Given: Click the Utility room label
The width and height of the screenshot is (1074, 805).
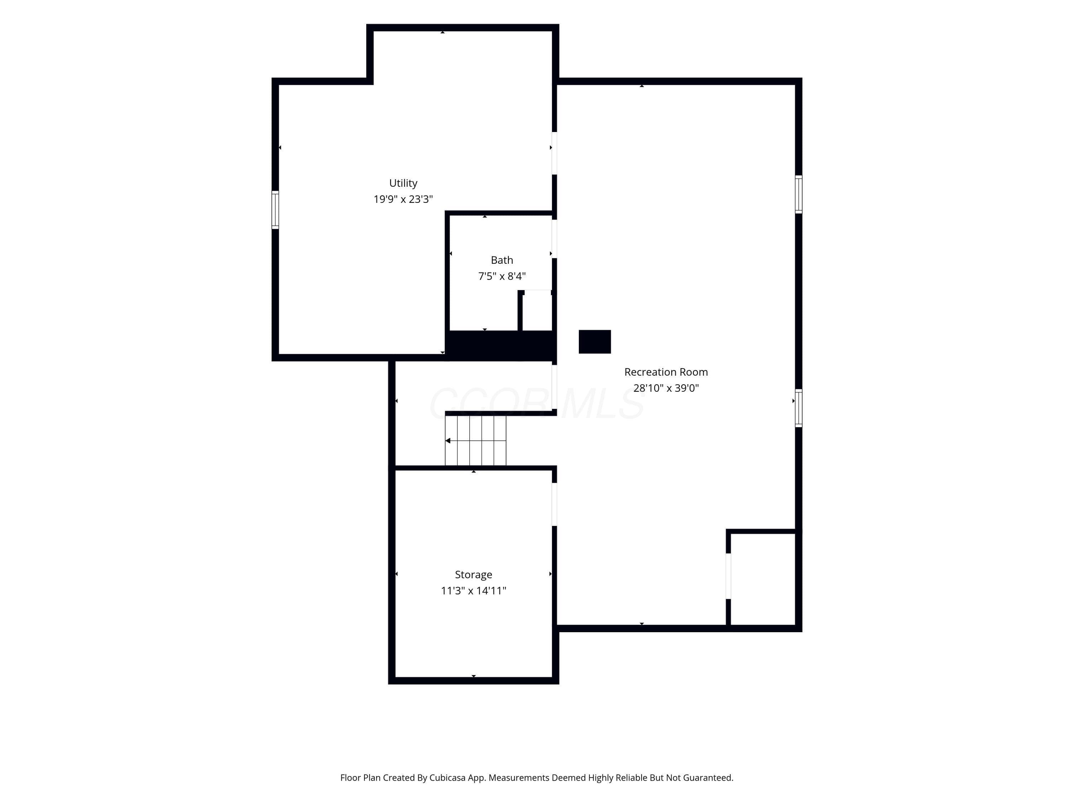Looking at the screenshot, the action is (x=403, y=183).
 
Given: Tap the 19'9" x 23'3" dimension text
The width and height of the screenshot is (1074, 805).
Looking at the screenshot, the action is (x=403, y=199).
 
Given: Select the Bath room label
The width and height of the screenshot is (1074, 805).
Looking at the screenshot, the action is (x=502, y=260).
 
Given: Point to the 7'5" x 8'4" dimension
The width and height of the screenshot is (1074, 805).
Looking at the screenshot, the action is (x=502, y=276).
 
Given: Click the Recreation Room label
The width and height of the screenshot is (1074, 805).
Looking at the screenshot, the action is (x=666, y=372).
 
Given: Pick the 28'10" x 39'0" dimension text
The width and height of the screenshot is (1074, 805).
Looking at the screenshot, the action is (x=666, y=388).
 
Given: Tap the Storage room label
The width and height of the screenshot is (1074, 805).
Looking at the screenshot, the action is (x=473, y=575).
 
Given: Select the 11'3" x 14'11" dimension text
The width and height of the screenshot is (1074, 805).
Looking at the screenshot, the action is (x=473, y=591).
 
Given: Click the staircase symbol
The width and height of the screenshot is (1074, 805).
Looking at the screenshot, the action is (x=475, y=440).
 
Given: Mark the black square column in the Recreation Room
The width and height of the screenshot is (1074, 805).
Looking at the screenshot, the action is (x=594, y=342).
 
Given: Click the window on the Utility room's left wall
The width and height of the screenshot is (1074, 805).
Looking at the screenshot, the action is (x=275, y=210).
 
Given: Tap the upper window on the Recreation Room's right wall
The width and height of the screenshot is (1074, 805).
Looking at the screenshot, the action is (x=798, y=194).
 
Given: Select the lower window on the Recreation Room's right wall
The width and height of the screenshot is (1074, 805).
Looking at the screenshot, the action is (x=798, y=408).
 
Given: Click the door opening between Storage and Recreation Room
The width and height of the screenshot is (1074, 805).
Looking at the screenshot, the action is (x=554, y=504).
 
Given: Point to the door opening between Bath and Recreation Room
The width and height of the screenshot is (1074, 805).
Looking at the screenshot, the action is (x=554, y=239).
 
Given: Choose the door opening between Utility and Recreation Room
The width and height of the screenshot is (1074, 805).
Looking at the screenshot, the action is (x=554, y=153).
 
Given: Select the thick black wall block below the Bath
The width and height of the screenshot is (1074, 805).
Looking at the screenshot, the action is (x=500, y=346).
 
